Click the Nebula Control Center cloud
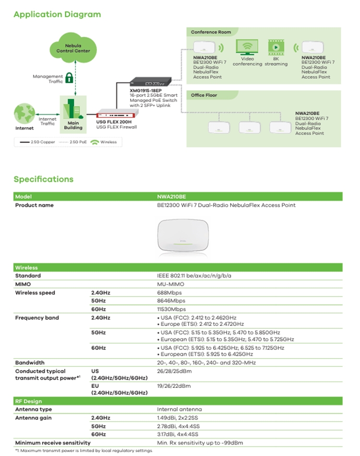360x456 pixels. [x=73, y=48]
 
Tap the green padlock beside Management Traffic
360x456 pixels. [x=69, y=78]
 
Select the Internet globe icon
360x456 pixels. [x=24, y=113]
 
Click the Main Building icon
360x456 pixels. [x=73, y=109]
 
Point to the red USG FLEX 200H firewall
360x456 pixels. [x=116, y=114]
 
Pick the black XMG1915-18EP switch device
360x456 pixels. [x=151, y=82]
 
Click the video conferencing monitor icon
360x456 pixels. [x=247, y=47]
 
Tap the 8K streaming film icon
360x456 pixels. [x=276, y=47]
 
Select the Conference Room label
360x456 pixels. [x=211, y=32]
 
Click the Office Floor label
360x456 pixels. [x=204, y=95]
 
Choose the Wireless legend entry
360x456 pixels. [x=104, y=142]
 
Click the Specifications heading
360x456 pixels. [x=44, y=179]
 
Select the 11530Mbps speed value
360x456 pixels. [x=171, y=309]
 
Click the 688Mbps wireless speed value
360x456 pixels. [x=169, y=293]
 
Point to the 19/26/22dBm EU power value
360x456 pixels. [x=174, y=386]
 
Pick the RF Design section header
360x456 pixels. [x=28, y=401]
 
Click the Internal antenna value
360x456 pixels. [x=180, y=409]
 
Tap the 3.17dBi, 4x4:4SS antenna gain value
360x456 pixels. [x=178, y=434]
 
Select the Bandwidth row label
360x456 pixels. [x=30, y=363]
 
